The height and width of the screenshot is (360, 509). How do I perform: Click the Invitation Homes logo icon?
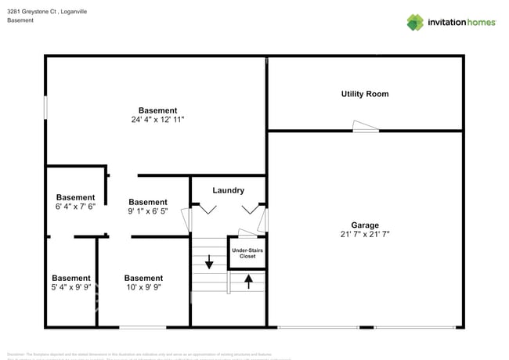coord(414,22)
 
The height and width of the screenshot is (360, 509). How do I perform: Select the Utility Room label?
coord(364,94)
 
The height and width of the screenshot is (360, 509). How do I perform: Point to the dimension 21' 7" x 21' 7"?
coord(364,234)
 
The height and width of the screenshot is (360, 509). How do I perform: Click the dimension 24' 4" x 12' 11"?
coord(157,121)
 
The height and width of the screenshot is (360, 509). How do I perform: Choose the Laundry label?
coord(228,190)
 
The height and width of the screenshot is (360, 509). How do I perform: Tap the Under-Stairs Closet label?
coord(247,253)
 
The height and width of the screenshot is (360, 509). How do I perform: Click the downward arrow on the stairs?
coord(209,261)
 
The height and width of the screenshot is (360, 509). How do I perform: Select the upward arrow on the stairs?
coord(249,280)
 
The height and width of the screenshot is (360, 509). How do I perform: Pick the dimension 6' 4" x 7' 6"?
coord(75,207)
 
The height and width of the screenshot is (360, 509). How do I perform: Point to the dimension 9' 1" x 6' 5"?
coord(148,212)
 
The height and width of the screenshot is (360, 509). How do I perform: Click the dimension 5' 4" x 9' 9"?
coord(71,288)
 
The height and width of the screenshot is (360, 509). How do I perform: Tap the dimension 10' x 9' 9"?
coord(143,288)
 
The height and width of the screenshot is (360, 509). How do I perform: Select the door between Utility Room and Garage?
coord(365,126)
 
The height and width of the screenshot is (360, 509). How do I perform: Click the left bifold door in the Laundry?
coord(208,209)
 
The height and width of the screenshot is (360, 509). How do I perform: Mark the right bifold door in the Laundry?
coord(251,209)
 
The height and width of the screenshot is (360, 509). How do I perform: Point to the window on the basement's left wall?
coord(45,107)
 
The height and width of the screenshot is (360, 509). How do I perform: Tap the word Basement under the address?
coord(20,20)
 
